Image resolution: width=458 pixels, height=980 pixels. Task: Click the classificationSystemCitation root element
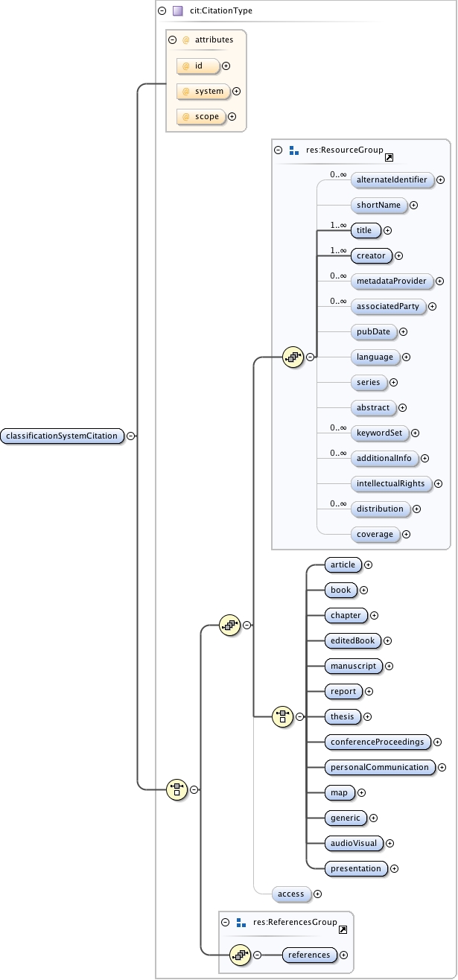(x=63, y=436)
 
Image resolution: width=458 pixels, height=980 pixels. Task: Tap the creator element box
(x=371, y=256)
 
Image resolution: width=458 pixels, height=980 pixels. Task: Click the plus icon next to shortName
(x=413, y=206)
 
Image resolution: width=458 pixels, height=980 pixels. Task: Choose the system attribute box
(x=203, y=92)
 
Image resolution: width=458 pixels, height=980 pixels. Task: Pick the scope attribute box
(x=201, y=117)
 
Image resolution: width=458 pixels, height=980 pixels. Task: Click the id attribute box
(x=198, y=66)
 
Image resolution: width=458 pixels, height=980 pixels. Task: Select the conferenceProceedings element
(x=378, y=742)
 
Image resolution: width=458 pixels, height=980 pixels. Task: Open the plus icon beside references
(x=344, y=955)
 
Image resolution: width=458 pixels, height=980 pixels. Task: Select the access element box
(x=290, y=894)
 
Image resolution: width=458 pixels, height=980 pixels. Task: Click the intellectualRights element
(x=390, y=484)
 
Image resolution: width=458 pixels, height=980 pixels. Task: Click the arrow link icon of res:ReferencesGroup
(x=343, y=930)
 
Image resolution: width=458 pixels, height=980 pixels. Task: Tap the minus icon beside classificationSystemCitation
(x=130, y=436)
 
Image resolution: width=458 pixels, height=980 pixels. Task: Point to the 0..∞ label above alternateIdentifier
(x=339, y=174)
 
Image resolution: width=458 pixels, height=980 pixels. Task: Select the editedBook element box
(x=353, y=640)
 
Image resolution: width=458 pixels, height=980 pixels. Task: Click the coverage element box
(x=374, y=535)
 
